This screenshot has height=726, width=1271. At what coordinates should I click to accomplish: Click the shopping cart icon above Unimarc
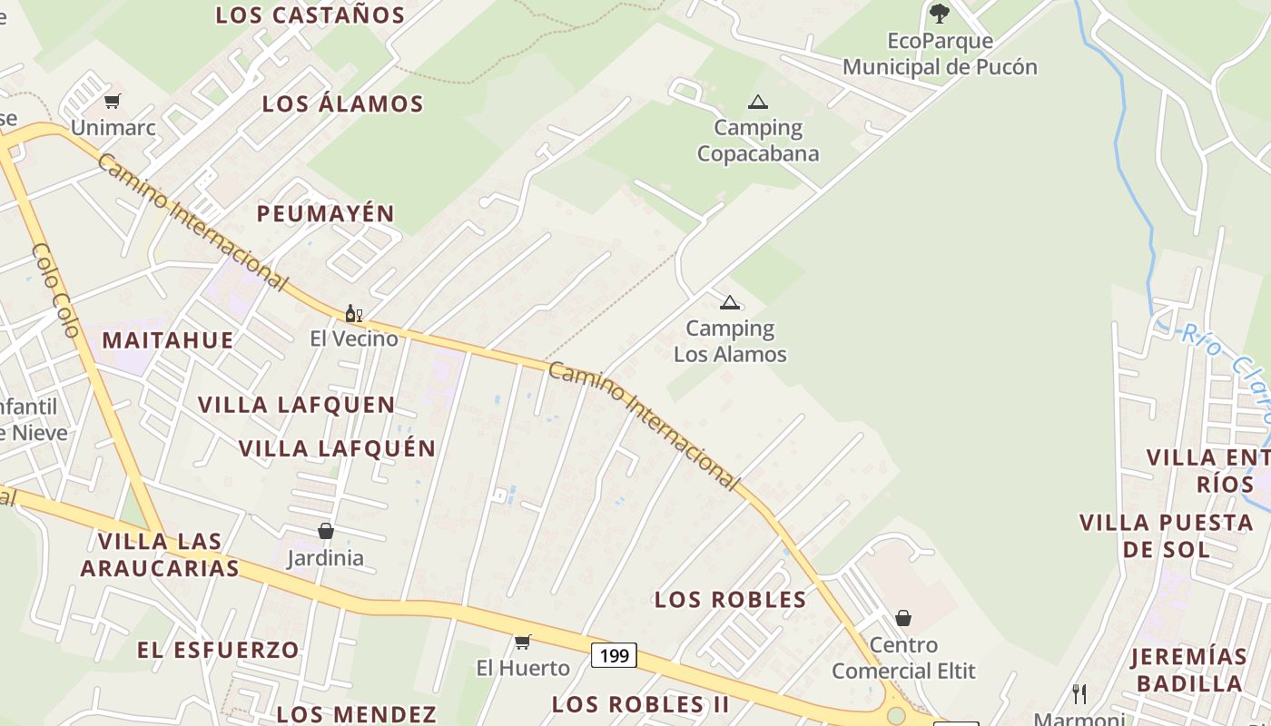112,101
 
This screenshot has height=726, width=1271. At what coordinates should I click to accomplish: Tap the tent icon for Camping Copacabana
757,102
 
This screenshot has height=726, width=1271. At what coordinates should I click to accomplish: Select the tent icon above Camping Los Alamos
729,302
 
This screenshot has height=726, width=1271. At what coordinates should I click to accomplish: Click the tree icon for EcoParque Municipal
939,14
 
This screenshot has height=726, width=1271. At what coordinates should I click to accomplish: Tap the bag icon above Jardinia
325,531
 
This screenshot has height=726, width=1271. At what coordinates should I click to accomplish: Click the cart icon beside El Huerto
522,643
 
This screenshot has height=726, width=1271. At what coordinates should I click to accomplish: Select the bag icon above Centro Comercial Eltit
903,618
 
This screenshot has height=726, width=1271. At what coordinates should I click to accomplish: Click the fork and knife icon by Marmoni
1079,694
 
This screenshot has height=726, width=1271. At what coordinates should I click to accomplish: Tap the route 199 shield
615,655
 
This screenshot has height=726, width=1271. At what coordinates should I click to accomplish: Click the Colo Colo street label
56,289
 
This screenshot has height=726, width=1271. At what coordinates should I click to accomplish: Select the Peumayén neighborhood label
325,214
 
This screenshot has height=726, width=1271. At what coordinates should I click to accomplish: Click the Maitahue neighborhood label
168,340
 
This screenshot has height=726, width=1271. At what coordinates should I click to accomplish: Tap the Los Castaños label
310,15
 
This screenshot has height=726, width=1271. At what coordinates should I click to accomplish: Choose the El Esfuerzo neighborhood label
218,650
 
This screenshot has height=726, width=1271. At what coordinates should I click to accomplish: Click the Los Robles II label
641,704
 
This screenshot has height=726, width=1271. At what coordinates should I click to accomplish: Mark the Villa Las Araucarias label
160,554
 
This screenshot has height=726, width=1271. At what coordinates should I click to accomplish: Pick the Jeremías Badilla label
1189,670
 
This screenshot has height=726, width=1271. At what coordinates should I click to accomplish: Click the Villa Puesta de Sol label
1167,535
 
